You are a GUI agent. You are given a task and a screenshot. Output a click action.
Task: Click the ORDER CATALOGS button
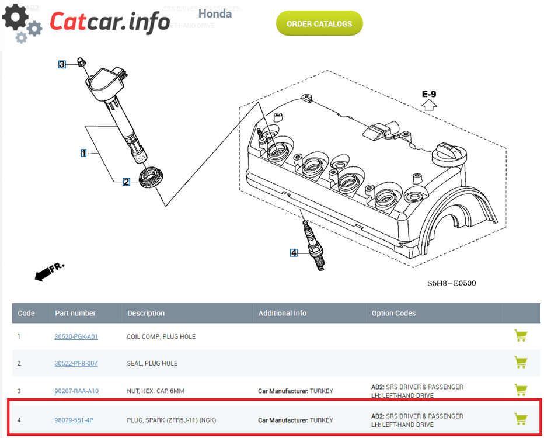tap(319, 23)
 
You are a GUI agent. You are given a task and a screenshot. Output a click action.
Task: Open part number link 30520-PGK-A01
tap(76, 336)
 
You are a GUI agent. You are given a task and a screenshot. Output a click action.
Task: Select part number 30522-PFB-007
tap(76, 363)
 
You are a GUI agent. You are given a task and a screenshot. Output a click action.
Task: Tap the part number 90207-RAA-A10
tap(76, 391)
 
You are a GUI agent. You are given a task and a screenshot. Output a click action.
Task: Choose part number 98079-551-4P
tap(74, 420)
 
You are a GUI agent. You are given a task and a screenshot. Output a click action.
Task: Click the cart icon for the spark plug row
tap(521, 419)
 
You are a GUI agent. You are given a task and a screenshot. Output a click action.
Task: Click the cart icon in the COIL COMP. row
tap(521, 335)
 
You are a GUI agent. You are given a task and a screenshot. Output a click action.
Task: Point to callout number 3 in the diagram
tap(62, 64)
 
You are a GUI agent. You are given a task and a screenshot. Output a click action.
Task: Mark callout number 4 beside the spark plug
tap(294, 253)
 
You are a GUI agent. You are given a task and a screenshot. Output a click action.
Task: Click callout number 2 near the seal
tap(126, 182)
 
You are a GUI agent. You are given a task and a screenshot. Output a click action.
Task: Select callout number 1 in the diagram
tap(83, 152)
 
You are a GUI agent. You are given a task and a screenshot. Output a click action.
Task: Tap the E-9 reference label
tap(429, 94)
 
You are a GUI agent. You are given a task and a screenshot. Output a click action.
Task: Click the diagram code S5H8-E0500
tap(451, 283)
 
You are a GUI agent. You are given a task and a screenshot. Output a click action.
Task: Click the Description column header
tap(146, 313)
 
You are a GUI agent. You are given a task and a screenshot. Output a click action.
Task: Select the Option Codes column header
tap(393, 313)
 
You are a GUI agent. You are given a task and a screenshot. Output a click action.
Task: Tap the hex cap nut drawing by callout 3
tap(82, 62)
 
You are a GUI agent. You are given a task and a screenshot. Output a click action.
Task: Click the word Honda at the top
tap(215, 14)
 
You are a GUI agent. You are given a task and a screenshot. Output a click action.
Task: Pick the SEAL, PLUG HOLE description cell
tap(152, 363)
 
